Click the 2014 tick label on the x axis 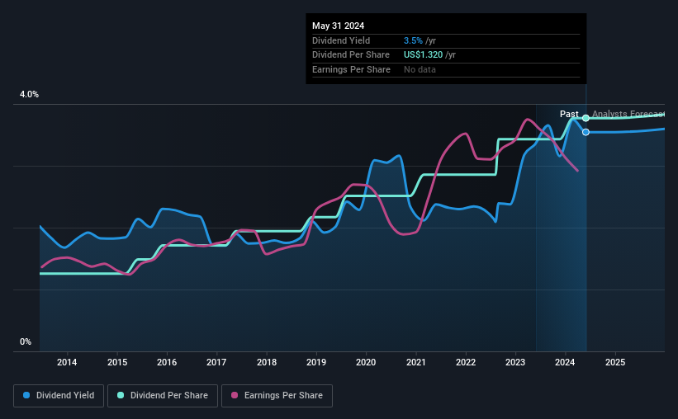point(67,362)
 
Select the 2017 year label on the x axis point(216,362)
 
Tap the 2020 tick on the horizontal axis point(366,362)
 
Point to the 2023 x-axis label point(515,362)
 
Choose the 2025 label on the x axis point(615,362)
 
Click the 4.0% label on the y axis point(29,95)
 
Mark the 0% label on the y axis point(26,341)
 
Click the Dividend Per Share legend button point(164,396)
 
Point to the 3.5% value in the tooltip point(413,40)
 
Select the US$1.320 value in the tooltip point(424,54)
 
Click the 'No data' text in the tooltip point(420,69)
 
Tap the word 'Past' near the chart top point(569,114)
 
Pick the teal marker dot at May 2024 point(586,118)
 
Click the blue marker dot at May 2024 point(586,132)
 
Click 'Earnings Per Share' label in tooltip point(351,69)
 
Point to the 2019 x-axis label point(316,362)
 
